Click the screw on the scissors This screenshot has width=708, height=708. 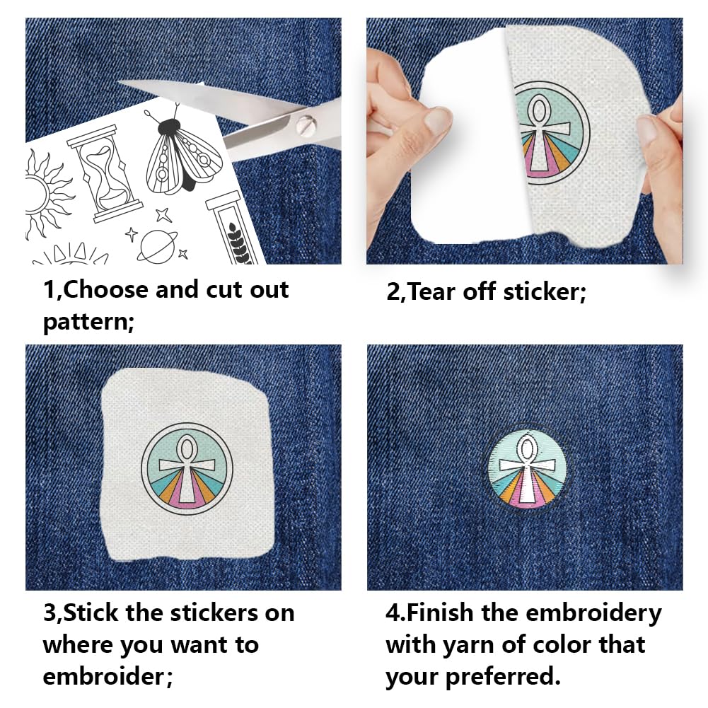[305, 124]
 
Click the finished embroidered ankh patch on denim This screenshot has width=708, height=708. [526, 470]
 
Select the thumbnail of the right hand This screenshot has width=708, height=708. [646, 129]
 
